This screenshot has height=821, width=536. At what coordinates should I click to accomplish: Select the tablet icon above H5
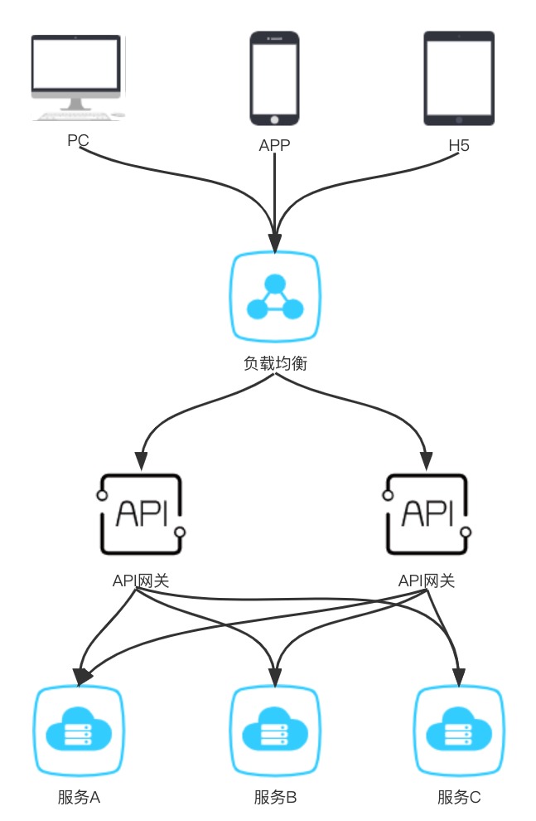coord(459,78)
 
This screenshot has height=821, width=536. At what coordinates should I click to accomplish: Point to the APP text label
coord(274,146)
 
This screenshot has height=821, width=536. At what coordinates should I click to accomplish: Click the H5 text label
coord(459,146)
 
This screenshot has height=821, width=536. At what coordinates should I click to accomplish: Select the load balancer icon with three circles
coord(274,299)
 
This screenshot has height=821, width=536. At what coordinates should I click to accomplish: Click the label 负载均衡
coord(274,362)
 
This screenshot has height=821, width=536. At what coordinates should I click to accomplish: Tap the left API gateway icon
coord(141,513)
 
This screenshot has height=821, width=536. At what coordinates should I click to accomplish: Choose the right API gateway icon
coord(427,513)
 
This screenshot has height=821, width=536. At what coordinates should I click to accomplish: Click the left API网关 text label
coord(141,581)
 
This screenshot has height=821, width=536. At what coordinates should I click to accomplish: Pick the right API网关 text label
coord(427,581)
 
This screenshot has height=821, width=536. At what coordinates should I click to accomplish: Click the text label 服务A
coord(79,798)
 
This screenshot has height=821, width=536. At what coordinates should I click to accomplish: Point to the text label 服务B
coord(275,798)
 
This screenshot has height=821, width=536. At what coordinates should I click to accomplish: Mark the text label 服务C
coord(459,798)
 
